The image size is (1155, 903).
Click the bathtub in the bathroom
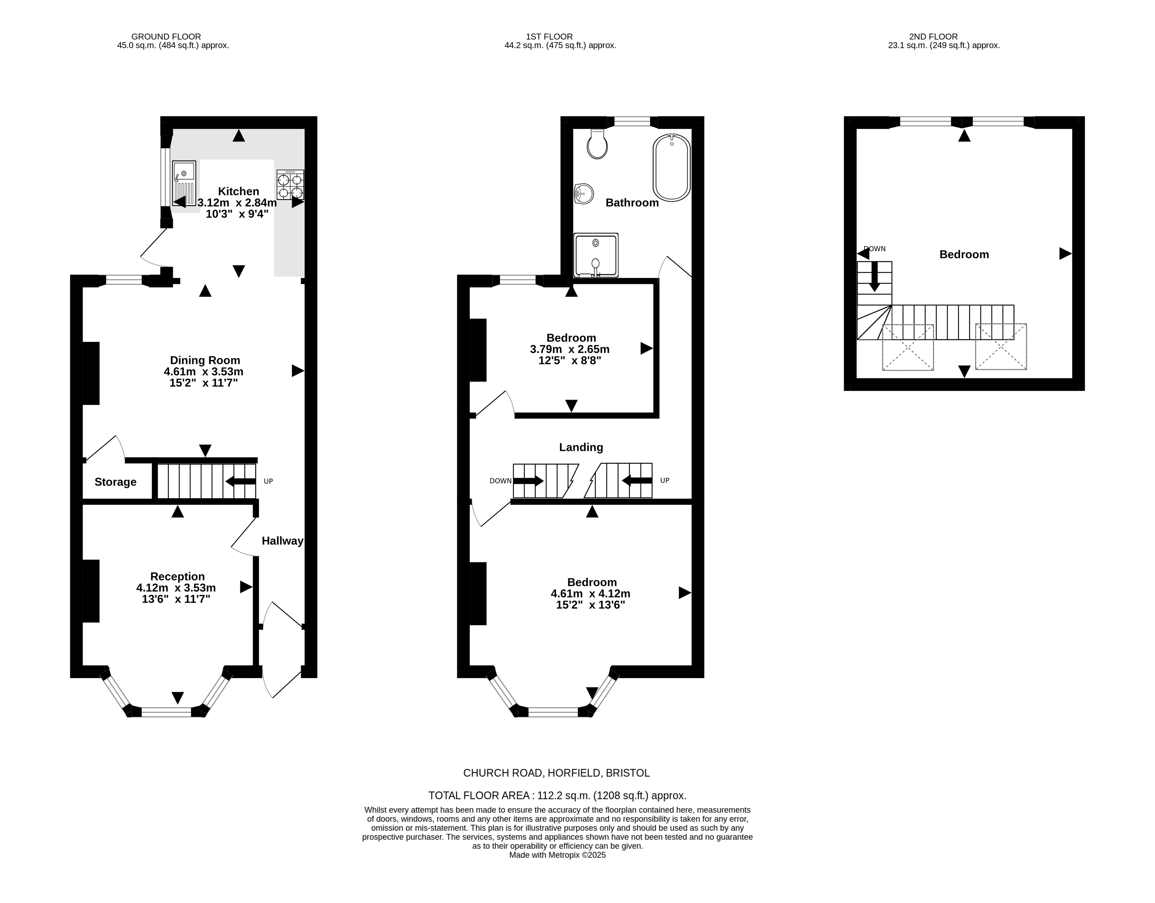click(x=672, y=167)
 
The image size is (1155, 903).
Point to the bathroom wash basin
click(x=583, y=194)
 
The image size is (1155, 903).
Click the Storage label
click(x=115, y=482)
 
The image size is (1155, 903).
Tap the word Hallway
click(x=282, y=541)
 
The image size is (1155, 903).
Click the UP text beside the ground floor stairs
click(x=268, y=481)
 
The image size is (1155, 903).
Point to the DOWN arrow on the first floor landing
click(x=528, y=481)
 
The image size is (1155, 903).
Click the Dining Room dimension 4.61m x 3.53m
click(x=204, y=371)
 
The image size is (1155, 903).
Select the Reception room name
click(x=177, y=577)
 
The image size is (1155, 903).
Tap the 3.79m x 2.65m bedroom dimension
click(x=569, y=349)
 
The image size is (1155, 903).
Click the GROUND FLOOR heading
click(x=166, y=37)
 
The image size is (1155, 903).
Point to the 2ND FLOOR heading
click(x=933, y=37)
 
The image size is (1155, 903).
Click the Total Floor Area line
click(x=557, y=795)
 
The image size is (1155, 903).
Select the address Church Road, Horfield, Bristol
click(x=556, y=773)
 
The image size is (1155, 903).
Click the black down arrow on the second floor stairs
click(x=875, y=276)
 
